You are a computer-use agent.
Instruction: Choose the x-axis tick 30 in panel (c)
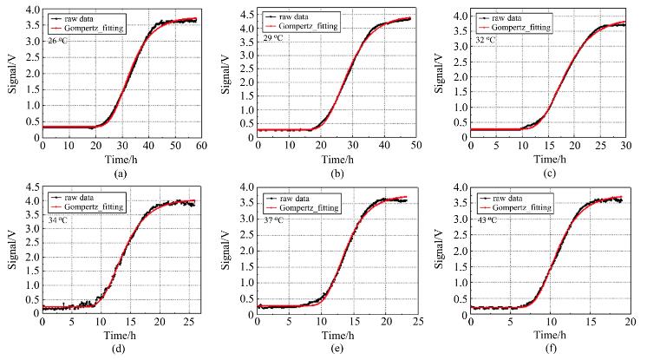coord(630,147)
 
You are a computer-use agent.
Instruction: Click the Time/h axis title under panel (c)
coord(551,160)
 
